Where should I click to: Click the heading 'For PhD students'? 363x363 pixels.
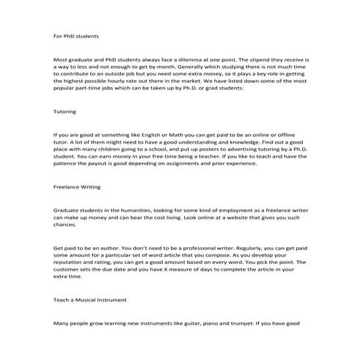coord(76,35)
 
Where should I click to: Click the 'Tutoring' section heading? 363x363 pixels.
coord(65,112)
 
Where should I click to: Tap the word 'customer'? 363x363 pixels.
coord(73,273)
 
